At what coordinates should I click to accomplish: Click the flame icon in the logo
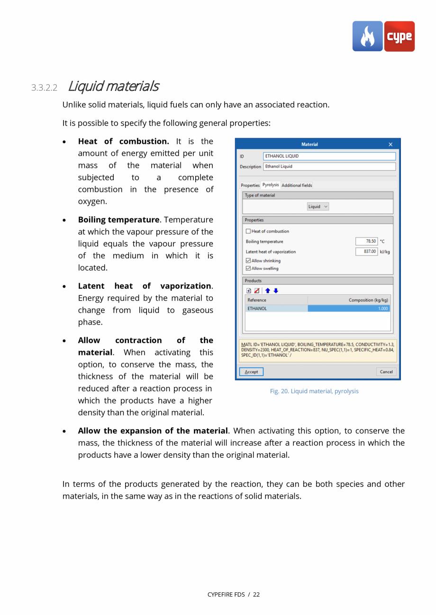click(x=367, y=36)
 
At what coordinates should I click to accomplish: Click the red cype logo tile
click(x=399, y=36)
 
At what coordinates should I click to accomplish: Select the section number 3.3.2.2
click(x=44, y=88)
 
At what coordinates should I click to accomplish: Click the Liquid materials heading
click(x=113, y=87)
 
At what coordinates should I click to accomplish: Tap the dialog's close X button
click(x=391, y=144)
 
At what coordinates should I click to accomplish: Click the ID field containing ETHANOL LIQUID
click(x=329, y=156)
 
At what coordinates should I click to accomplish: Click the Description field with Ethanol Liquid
click(x=329, y=167)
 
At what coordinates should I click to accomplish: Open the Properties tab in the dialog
click(x=250, y=185)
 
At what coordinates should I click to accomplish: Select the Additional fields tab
click(x=297, y=185)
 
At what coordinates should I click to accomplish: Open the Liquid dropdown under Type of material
click(x=318, y=207)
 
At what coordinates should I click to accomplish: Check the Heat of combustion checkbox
click(x=248, y=231)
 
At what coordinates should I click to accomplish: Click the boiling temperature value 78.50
click(x=367, y=241)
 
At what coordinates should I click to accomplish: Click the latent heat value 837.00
click(x=367, y=252)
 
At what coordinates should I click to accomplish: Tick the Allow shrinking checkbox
click(x=248, y=261)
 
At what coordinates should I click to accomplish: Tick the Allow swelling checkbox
click(x=248, y=269)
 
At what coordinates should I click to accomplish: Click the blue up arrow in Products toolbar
click(x=268, y=290)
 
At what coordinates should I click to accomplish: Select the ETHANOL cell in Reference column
click(x=276, y=308)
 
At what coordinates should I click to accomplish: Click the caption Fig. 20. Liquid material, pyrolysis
click(x=314, y=391)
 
